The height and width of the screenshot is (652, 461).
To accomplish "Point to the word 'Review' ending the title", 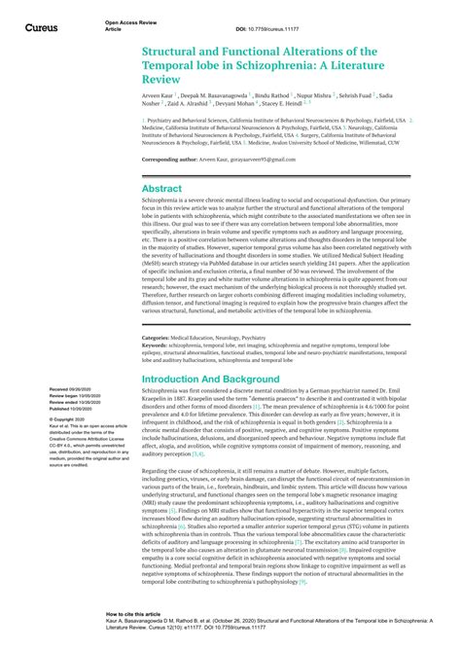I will tap(165, 83).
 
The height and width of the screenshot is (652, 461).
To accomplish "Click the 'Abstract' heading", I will tap(161, 188).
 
